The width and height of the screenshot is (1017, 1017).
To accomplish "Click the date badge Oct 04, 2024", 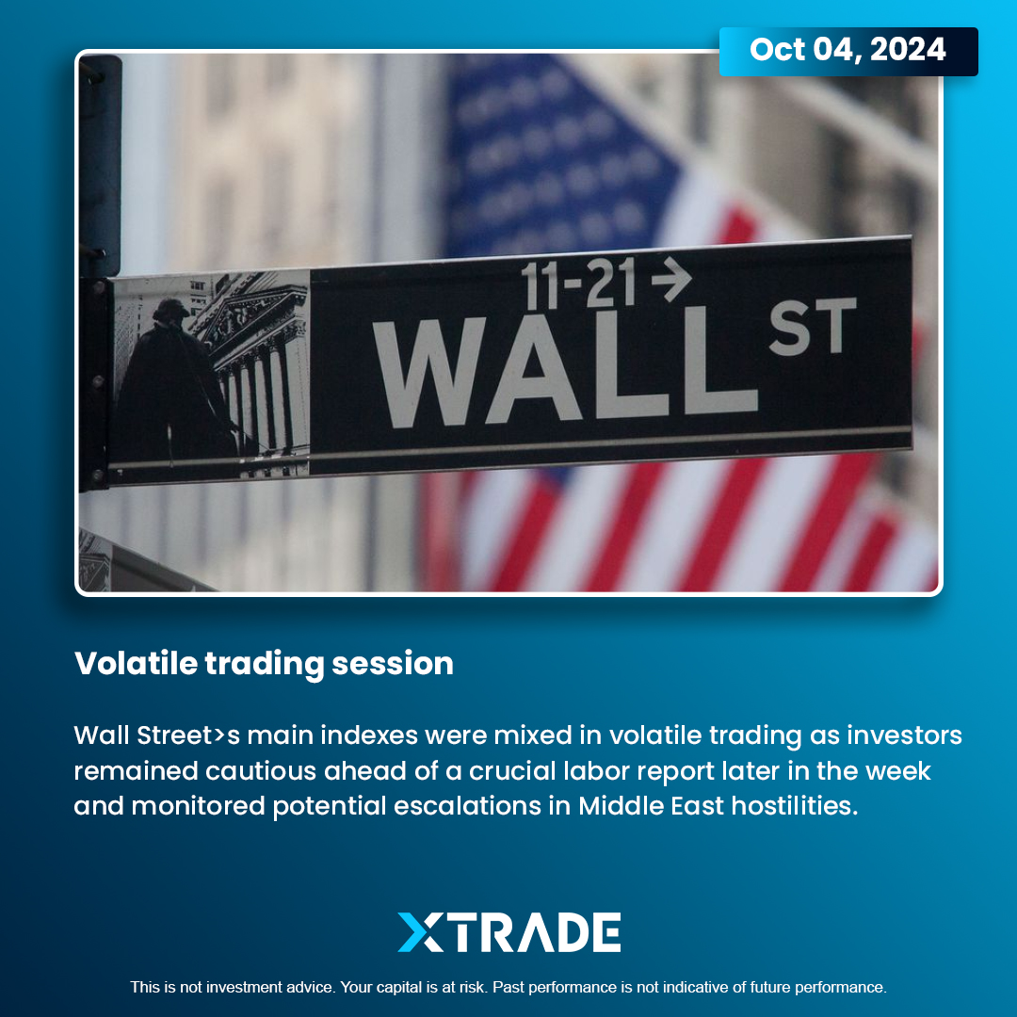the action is [847, 51].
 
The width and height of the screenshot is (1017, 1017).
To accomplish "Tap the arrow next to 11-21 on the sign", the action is [671, 279].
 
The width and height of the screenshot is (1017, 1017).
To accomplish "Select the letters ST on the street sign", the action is [813, 327].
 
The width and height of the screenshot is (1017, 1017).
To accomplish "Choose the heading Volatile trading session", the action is [264, 664].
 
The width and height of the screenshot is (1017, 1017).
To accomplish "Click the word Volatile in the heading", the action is [136, 663].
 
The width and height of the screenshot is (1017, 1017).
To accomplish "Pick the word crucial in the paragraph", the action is [512, 770].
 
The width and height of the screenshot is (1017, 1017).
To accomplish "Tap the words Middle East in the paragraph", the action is [651, 805].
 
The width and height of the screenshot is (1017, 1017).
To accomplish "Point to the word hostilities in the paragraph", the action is [795, 805].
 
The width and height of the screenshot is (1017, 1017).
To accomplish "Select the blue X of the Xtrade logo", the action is [420, 932].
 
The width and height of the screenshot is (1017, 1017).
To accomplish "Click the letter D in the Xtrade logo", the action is [573, 932].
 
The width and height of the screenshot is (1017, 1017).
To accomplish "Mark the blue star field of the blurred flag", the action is [557, 155].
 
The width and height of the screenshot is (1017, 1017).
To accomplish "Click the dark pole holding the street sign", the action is [99, 272].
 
